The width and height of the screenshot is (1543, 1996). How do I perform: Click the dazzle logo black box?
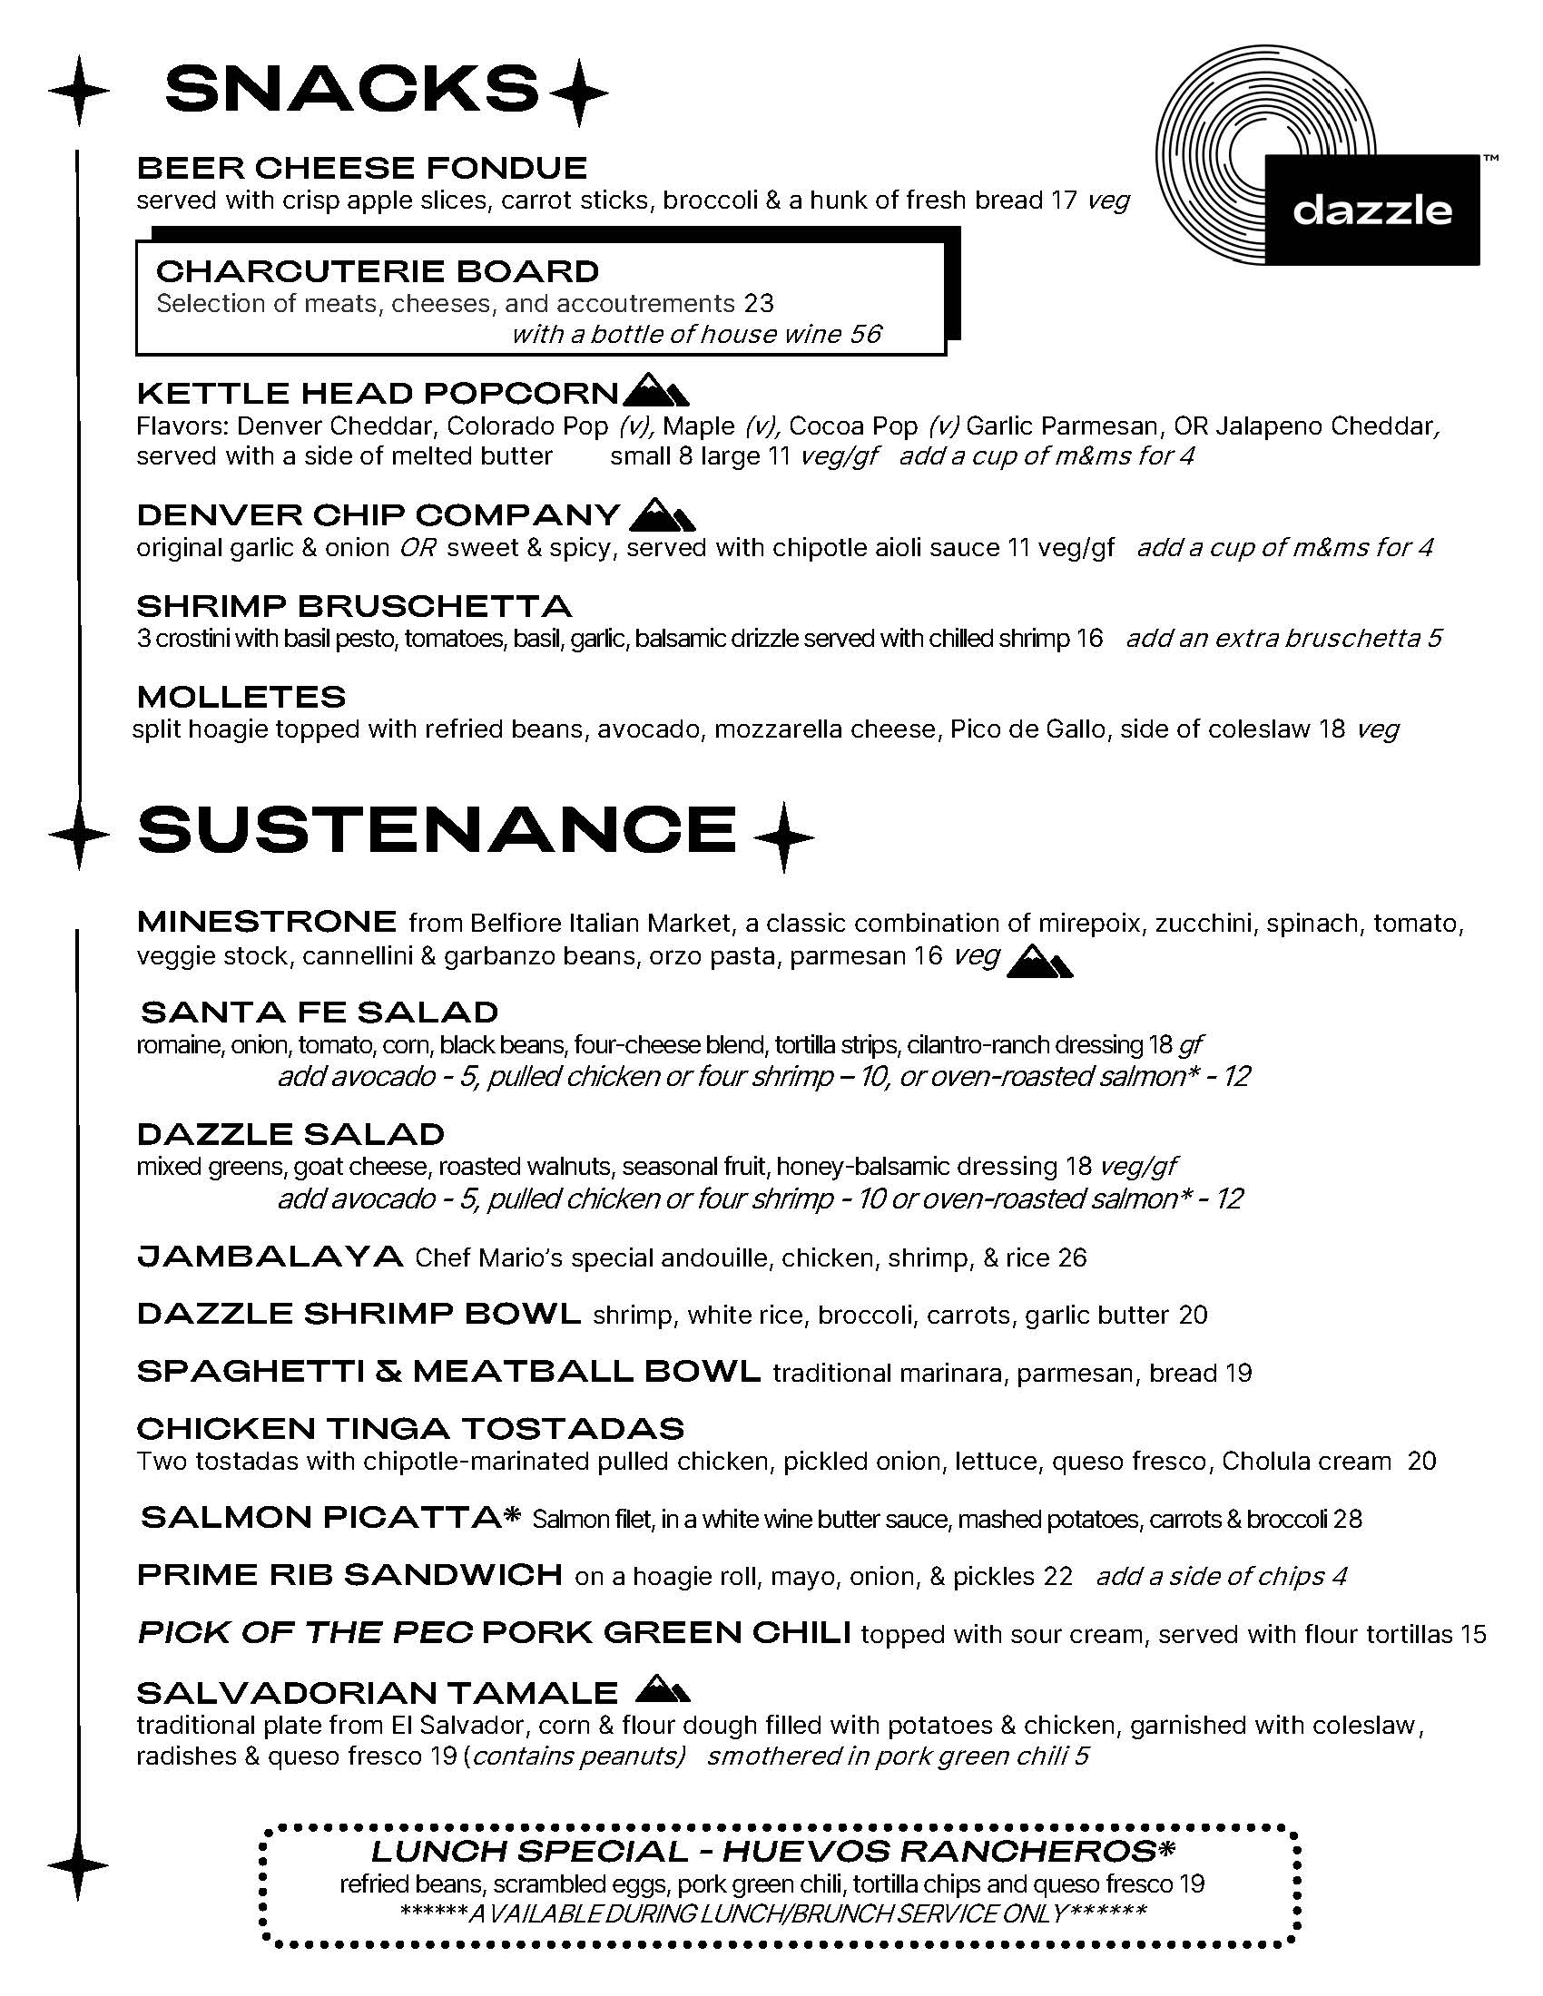(1371, 210)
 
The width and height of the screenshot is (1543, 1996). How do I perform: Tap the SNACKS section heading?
(351, 90)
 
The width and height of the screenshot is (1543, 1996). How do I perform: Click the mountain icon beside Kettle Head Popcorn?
(655, 390)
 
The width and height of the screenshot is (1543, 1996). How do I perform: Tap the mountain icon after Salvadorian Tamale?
(662, 1690)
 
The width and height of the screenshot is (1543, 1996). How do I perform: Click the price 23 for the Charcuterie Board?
(759, 303)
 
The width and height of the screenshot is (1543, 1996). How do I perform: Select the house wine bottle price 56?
(865, 335)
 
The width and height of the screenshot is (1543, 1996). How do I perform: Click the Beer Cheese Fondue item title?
(362, 168)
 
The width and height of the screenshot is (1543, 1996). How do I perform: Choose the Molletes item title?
(241, 697)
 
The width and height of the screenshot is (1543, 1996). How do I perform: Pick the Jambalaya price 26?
(1072, 1258)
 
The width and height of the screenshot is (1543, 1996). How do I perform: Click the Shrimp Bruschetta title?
(354, 606)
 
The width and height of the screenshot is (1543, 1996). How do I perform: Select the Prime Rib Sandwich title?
(349, 1575)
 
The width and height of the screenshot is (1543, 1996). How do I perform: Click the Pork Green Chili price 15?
(1472, 1633)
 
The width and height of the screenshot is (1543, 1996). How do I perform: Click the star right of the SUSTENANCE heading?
(782, 836)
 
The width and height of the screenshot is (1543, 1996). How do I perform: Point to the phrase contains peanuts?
(577, 1756)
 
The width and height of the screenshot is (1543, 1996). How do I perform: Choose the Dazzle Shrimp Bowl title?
(359, 1315)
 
